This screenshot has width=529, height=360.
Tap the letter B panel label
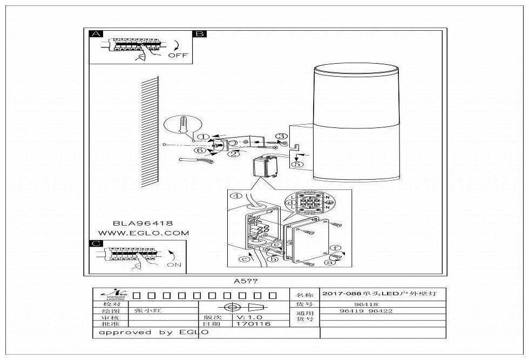coord(199,34)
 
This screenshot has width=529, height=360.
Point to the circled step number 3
coord(281,136)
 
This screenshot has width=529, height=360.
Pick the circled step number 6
coord(200,152)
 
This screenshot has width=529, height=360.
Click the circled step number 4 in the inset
coord(235,196)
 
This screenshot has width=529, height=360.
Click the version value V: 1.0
coord(249,317)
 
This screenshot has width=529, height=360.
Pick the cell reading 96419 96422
coord(365,311)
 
